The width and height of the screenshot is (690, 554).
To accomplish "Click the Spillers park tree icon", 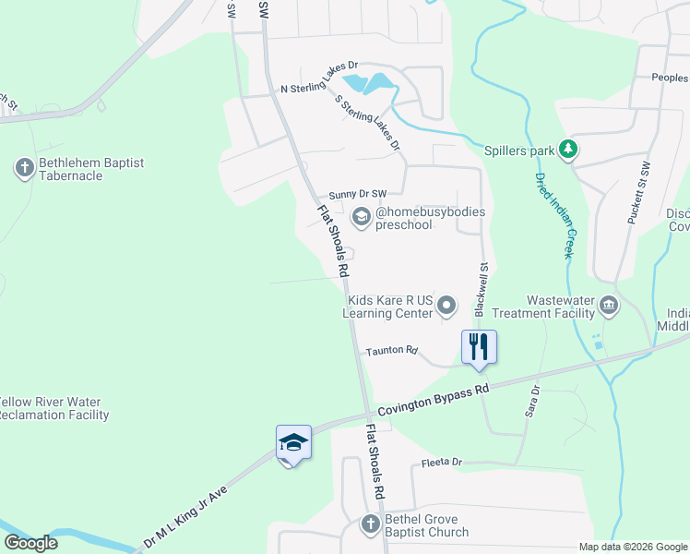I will click(569, 149).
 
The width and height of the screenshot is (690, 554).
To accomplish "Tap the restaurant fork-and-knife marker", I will click(479, 347).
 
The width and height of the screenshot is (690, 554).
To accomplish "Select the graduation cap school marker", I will click(293, 442).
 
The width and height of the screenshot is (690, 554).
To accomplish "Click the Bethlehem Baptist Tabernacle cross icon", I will click(23, 168).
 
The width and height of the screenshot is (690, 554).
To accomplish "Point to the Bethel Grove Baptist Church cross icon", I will click(370, 524).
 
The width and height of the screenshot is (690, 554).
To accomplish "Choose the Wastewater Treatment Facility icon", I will click(609, 306).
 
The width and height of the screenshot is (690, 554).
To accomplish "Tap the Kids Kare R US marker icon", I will click(447, 305).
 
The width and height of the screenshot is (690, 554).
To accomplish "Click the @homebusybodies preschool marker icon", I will click(360, 217).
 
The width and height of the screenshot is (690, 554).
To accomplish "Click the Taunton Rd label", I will click(392, 351).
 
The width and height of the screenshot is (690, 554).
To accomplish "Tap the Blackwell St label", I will click(481, 289).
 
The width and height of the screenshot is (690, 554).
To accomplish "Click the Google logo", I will click(30, 543).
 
